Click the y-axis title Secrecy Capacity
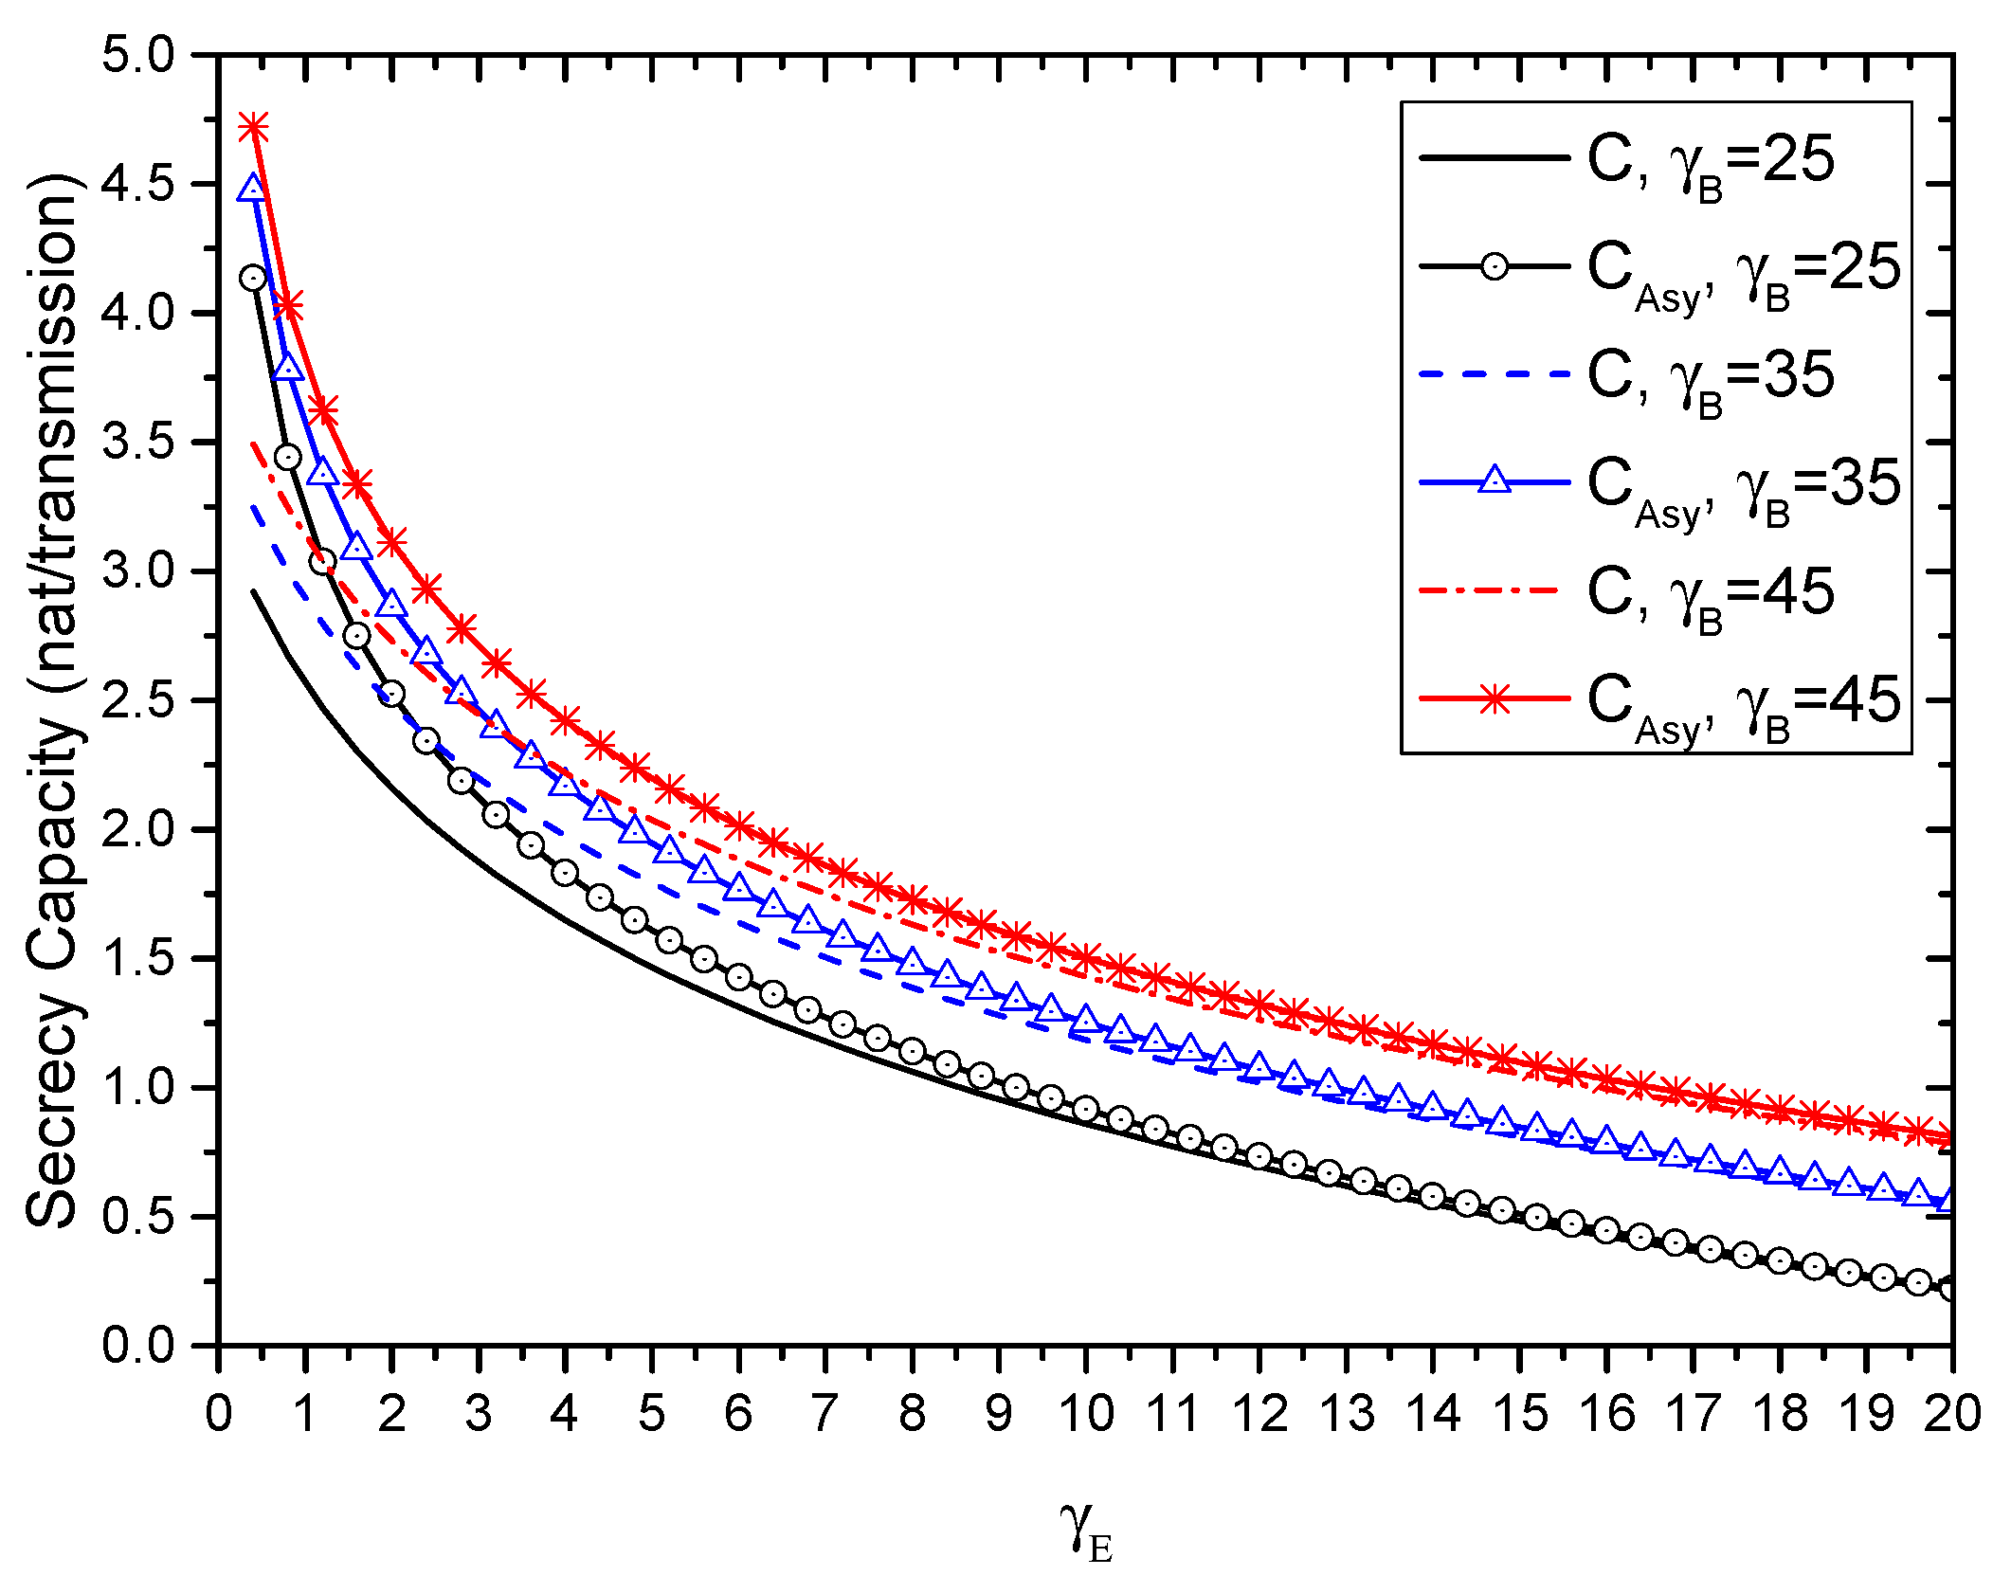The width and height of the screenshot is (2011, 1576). click(x=55, y=699)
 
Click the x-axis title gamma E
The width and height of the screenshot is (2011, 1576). click(x=1086, y=1528)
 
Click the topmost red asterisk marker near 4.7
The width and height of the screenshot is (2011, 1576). click(x=253, y=126)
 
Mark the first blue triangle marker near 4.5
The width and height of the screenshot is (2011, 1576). click(x=252, y=188)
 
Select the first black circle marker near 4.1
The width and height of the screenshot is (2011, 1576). click(x=253, y=278)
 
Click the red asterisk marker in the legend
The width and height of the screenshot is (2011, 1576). click(x=1495, y=700)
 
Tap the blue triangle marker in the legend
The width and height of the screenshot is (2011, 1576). click(x=1495, y=480)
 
